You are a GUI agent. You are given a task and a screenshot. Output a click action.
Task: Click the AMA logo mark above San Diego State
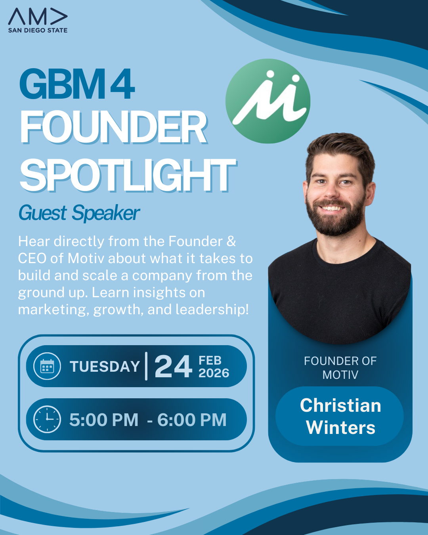[x=38, y=17]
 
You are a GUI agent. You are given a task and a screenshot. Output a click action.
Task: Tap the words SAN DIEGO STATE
[x=38, y=31]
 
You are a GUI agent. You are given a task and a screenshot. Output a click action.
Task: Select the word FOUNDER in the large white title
[x=113, y=128]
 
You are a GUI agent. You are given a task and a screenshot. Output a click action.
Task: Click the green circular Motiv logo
[x=268, y=101]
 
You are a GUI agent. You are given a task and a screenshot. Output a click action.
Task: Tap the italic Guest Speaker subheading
[x=79, y=213]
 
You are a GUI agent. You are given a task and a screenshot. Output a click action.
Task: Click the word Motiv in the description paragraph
[x=87, y=258]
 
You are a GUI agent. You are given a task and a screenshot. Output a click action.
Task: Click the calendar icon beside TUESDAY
[x=47, y=366]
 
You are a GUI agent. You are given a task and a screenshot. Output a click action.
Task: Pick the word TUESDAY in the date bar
[x=105, y=367]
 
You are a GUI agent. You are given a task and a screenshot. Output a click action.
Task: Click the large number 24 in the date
[x=173, y=367]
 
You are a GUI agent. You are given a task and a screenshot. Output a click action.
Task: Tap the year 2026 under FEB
[x=214, y=373]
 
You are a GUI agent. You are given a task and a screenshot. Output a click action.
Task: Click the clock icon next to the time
[x=47, y=419]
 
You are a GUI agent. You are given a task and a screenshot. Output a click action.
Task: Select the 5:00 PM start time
[x=104, y=420]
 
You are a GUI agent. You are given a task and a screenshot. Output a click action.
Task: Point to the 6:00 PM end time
[x=192, y=420]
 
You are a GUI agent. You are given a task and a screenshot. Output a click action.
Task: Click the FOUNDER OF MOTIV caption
[x=340, y=368]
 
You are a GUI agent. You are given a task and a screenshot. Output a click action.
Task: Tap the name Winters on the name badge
[x=340, y=428]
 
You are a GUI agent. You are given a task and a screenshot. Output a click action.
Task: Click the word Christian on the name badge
[x=340, y=405]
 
